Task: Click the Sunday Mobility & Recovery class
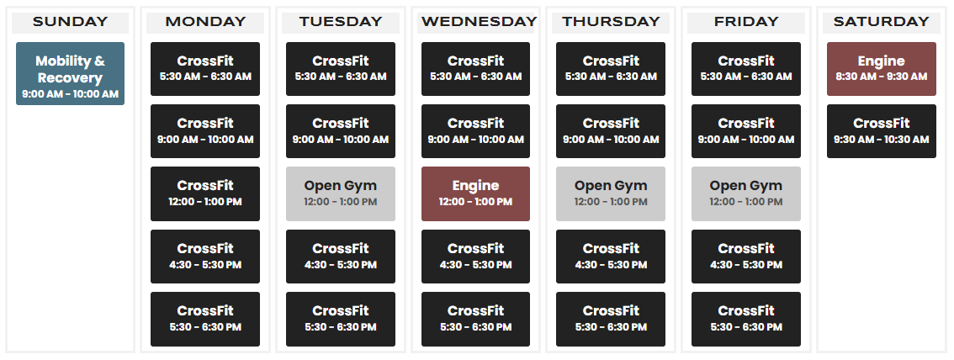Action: pyautogui.click(x=70, y=73)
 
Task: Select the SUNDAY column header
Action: pyautogui.click(x=70, y=22)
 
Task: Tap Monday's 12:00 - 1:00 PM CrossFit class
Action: pyautogui.click(x=205, y=193)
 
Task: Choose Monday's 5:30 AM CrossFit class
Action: pyautogui.click(x=205, y=69)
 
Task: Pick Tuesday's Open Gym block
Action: pyautogui.click(x=341, y=193)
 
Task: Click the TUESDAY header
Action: pyautogui.click(x=341, y=22)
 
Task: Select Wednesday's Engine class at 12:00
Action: pyautogui.click(x=476, y=193)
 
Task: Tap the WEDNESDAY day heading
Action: pyautogui.click(x=479, y=22)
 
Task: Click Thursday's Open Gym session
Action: pyautogui.click(x=611, y=193)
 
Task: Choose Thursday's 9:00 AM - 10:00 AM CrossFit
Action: pyautogui.click(x=611, y=131)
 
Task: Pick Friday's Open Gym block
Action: pyautogui.click(x=746, y=193)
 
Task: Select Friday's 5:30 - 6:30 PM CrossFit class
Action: pyautogui.click(x=746, y=319)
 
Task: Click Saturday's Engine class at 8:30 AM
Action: pyautogui.click(x=882, y=69)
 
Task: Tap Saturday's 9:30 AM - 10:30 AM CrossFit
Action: pyautogui.click(x=882, y=131)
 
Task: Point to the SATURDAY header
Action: pyautogui.click(x=882, y=22)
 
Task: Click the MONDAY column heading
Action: pyautogui.click(x=205, y=22)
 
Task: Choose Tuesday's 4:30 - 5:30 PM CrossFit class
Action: pyautogui.click(x=341, y=256)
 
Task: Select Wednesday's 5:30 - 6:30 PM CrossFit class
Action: pyautogui.click(x=476, y=319)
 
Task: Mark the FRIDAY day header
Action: pyautogui.click(x=746, y=22)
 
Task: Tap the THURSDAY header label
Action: pyautogui.click(x=611, y=22)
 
